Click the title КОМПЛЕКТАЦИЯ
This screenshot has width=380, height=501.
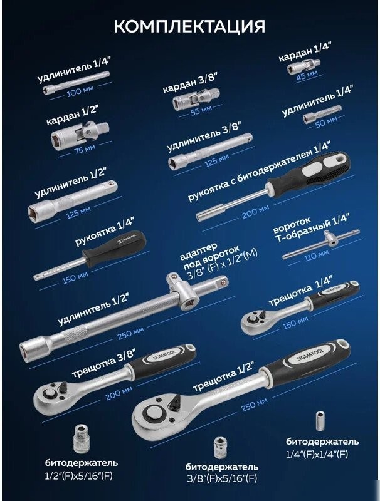click(189, 26)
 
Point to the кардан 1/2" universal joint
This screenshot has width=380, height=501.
click(80, 134)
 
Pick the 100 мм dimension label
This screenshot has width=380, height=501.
click(80, 91)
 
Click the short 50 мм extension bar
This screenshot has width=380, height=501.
click(322, 114)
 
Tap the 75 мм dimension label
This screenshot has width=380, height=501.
click(85, 149)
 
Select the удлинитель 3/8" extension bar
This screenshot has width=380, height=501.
click(210, 152)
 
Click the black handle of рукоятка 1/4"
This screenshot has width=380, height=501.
click(114, 249)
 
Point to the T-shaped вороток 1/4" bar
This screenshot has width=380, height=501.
click(321, 244)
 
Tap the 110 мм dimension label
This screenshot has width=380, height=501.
click(316, 256)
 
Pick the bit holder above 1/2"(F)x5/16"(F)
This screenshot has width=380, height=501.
click(82, 439)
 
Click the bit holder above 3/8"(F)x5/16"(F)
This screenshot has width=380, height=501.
click(221, 448)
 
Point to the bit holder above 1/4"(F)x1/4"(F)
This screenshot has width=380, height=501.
click(320, 421)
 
